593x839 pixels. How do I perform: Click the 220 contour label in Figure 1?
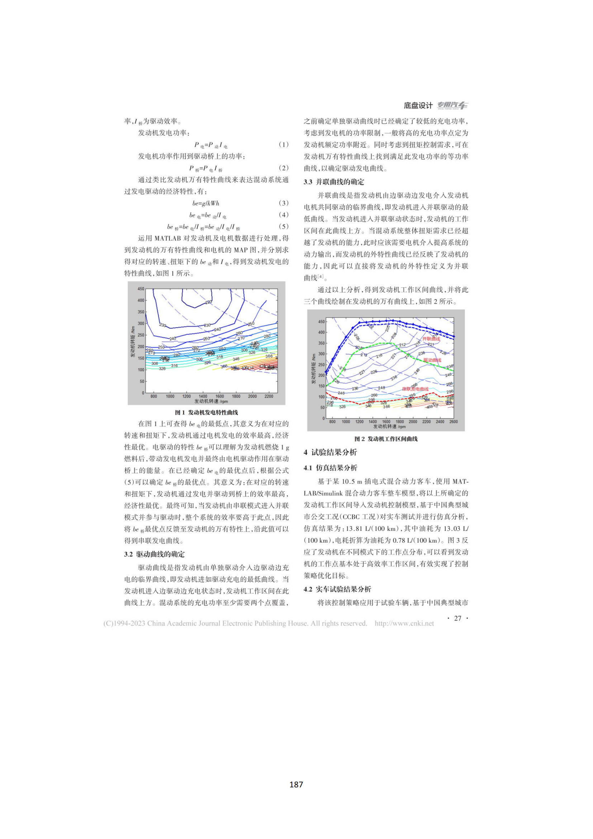(209, 302)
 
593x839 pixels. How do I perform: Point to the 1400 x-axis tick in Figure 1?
(203, 396)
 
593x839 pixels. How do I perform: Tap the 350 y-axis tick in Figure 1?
(141, 312)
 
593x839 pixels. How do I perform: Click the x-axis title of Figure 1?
(211, 401)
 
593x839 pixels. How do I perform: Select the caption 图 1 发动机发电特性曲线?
(206, 413)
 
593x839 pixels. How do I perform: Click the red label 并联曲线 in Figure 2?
(431, 339)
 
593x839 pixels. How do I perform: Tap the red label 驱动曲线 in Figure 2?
(432, 360)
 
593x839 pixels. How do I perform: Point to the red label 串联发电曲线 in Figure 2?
(415, 389)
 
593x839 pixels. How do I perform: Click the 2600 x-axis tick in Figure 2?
(454, 422)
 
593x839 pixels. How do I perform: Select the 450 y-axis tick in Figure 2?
(321, 322)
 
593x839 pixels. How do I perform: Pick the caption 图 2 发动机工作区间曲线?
(386, 439)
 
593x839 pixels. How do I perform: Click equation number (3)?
(283, 203)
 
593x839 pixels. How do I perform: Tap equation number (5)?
(283, 227)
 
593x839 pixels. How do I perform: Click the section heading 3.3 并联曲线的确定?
(334, 182)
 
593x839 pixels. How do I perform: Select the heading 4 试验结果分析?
(330, 452)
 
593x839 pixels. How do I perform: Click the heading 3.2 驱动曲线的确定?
(154, 554)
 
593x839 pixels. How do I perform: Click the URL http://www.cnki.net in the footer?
(404, 623)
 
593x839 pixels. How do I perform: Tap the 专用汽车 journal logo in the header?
(453, 105)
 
